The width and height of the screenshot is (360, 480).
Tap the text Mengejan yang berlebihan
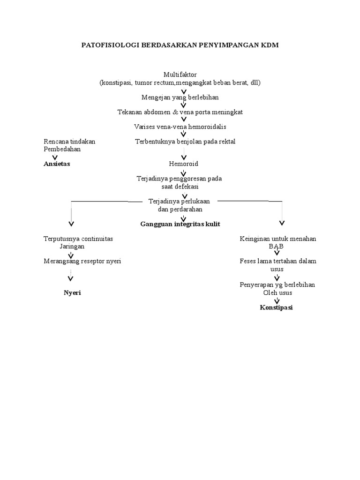180,97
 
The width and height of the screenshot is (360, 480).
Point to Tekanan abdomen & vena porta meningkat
180,112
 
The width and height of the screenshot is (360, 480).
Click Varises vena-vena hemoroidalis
180,127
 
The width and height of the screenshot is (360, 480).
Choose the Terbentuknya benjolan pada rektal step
185,141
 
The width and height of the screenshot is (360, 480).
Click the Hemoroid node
184,164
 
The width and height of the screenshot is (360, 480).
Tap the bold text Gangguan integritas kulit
180,224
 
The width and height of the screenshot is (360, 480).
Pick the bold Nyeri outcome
72,292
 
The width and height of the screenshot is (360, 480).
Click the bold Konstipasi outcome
277,307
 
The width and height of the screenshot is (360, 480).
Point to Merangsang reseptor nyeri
82,261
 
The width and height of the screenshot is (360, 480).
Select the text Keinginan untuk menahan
278,239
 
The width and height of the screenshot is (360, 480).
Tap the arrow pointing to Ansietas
55,157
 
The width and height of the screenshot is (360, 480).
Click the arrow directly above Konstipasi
277,300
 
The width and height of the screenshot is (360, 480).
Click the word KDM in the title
270,45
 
